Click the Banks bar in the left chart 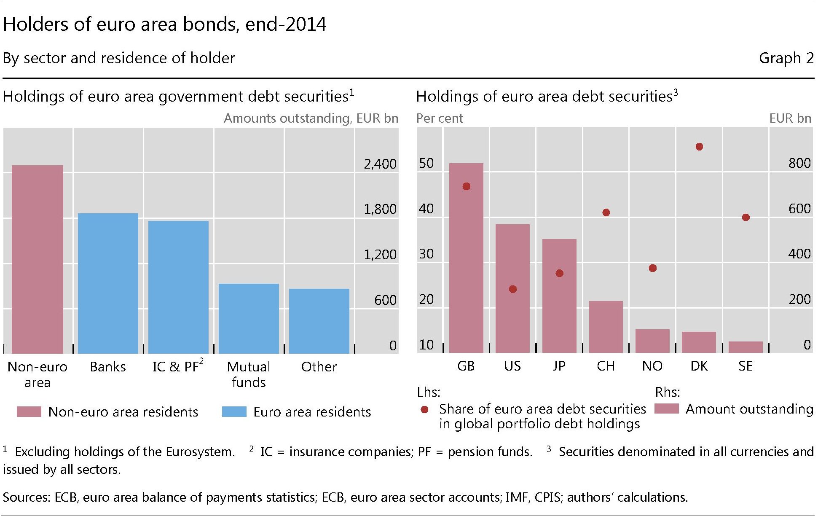tap(108, 283)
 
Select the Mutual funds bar tap(249, 318)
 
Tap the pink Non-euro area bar tap(38, 259)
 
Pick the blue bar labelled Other tap(319, 321)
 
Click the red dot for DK tap(699, 147)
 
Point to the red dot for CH tap(606, 212)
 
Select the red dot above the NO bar tap(652, 268)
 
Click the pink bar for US tap(512, 288)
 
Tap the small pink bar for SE tap(746, 347)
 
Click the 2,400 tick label tap(380, 164)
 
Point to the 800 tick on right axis tap(799, 163)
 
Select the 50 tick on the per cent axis tap(426, 163)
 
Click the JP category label tap(559, 366)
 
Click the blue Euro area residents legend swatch tap(234, 411)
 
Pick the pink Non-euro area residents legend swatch tap(29, 411)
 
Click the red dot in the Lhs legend tap(425, 409)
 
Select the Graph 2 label tap(786, 58)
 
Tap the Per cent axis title tap(440, 118)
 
